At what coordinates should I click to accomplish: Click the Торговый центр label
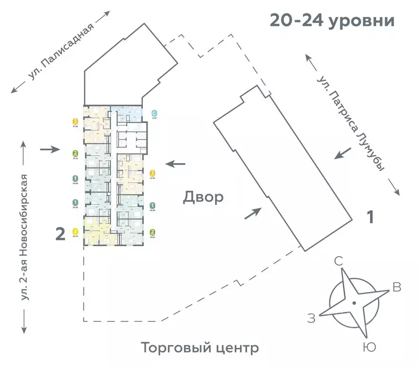[x=200, y=347]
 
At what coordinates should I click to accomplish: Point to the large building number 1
[x=369, y=218]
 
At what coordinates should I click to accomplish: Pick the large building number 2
[x=60, y=234]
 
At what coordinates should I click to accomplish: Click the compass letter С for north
[x=339, y=261]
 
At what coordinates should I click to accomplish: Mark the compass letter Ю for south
[x=368, y=347]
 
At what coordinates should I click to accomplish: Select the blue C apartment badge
[x=154, y=113]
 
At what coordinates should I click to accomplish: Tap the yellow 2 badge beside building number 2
[x=75, y=231]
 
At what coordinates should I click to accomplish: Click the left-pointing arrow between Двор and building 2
[x=175, y=164]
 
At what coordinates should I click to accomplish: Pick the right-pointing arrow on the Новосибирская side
[x=49, y=150]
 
